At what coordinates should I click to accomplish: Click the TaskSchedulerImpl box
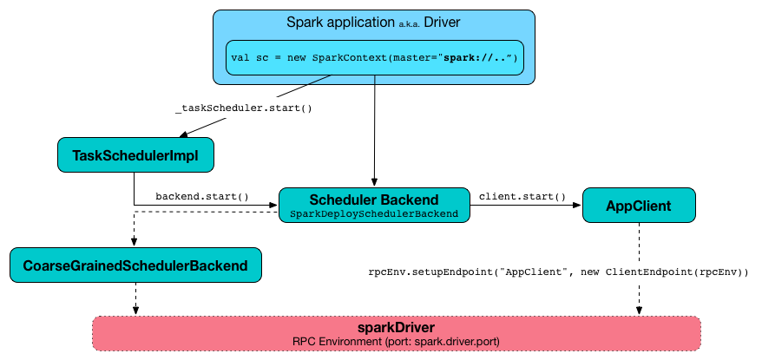pos(135,155)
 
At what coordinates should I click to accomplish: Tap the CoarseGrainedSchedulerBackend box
pos(135,265)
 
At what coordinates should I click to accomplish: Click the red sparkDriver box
pos(396,333)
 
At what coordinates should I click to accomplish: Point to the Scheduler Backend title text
pos(375,199)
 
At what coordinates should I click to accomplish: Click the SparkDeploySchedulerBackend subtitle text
pos(375,213)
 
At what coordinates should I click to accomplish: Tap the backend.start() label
pos(201,197)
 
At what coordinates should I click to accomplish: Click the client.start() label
pos(522,196)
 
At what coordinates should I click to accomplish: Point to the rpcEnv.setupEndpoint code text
pos(558,272)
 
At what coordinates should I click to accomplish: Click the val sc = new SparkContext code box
pos(375,58)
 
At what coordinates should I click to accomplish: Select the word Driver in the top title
pos(442,21)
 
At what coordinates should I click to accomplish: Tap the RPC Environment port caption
pos(396,341)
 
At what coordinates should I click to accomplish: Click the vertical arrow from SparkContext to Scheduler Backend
pos(375,130)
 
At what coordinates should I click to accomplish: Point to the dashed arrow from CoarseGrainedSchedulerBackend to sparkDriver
pos(135,299)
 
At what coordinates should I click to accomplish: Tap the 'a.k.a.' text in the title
pos(405,23)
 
